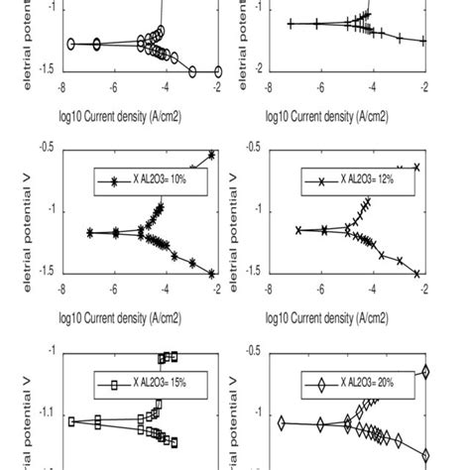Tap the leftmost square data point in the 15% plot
tap(71, 421)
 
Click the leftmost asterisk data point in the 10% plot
tap(90, 233)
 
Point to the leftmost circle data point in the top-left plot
tap(71, 44)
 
